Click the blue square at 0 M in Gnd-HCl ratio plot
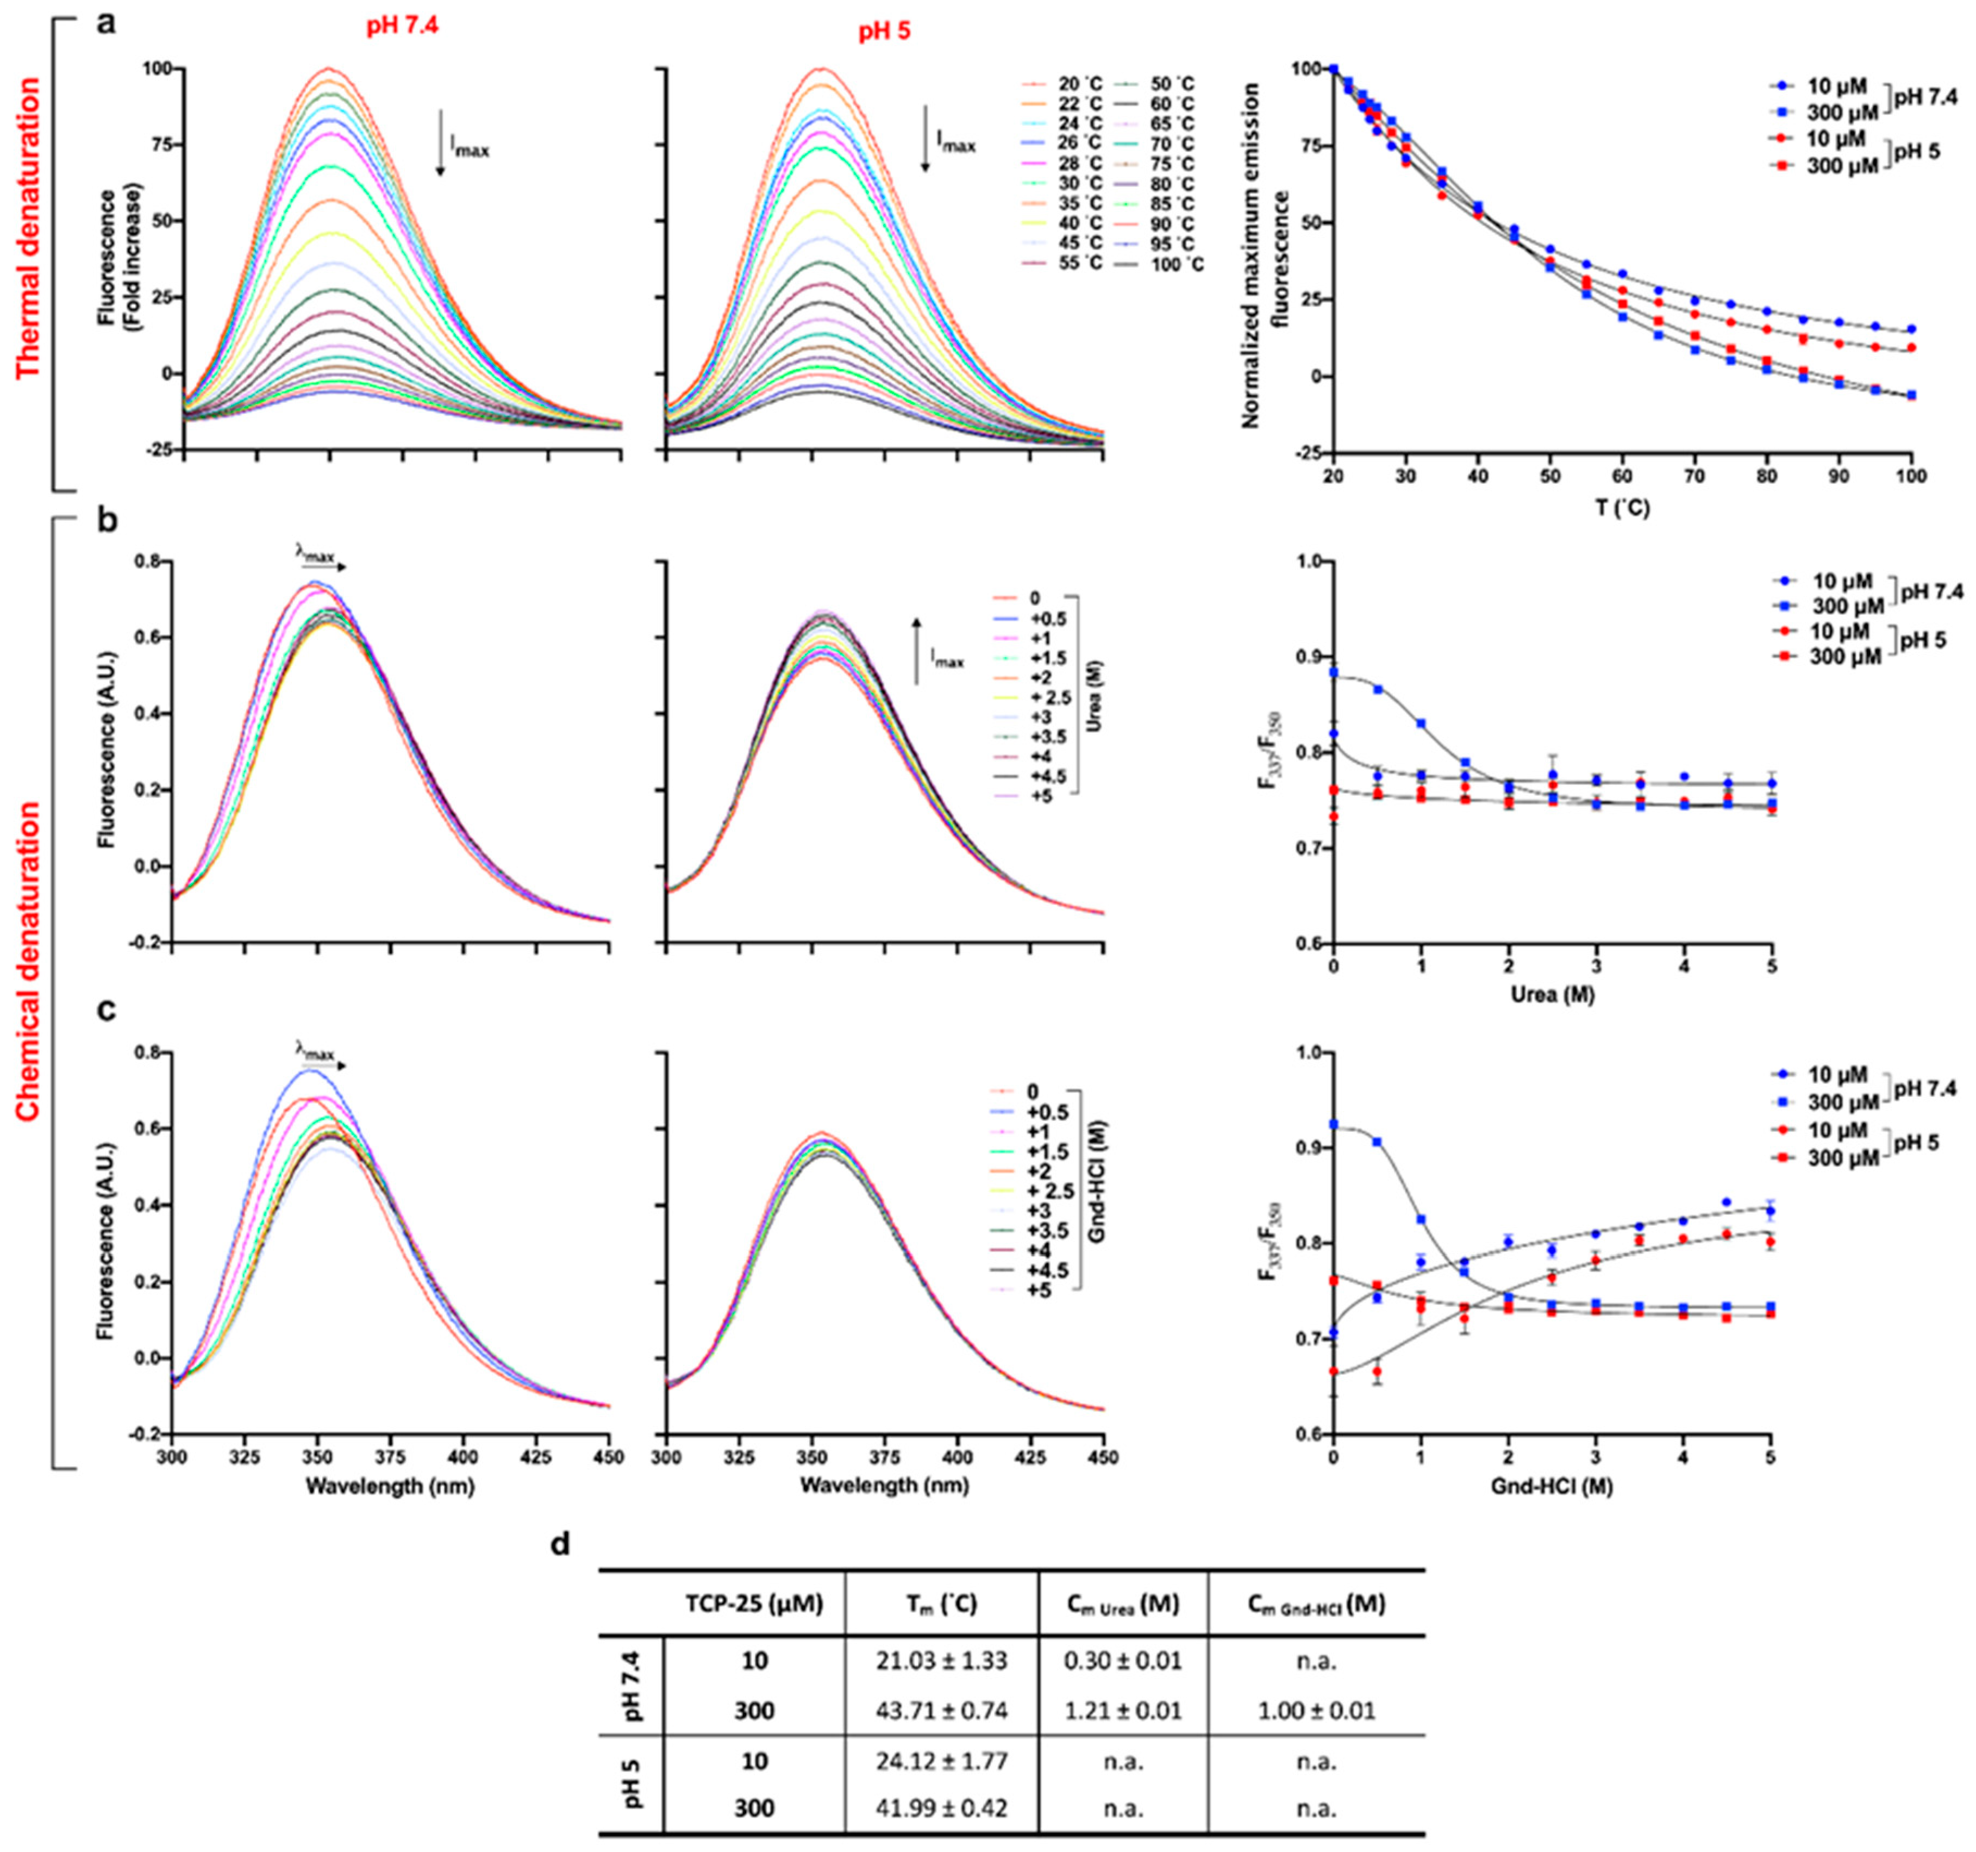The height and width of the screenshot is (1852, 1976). point(1334,1124)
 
